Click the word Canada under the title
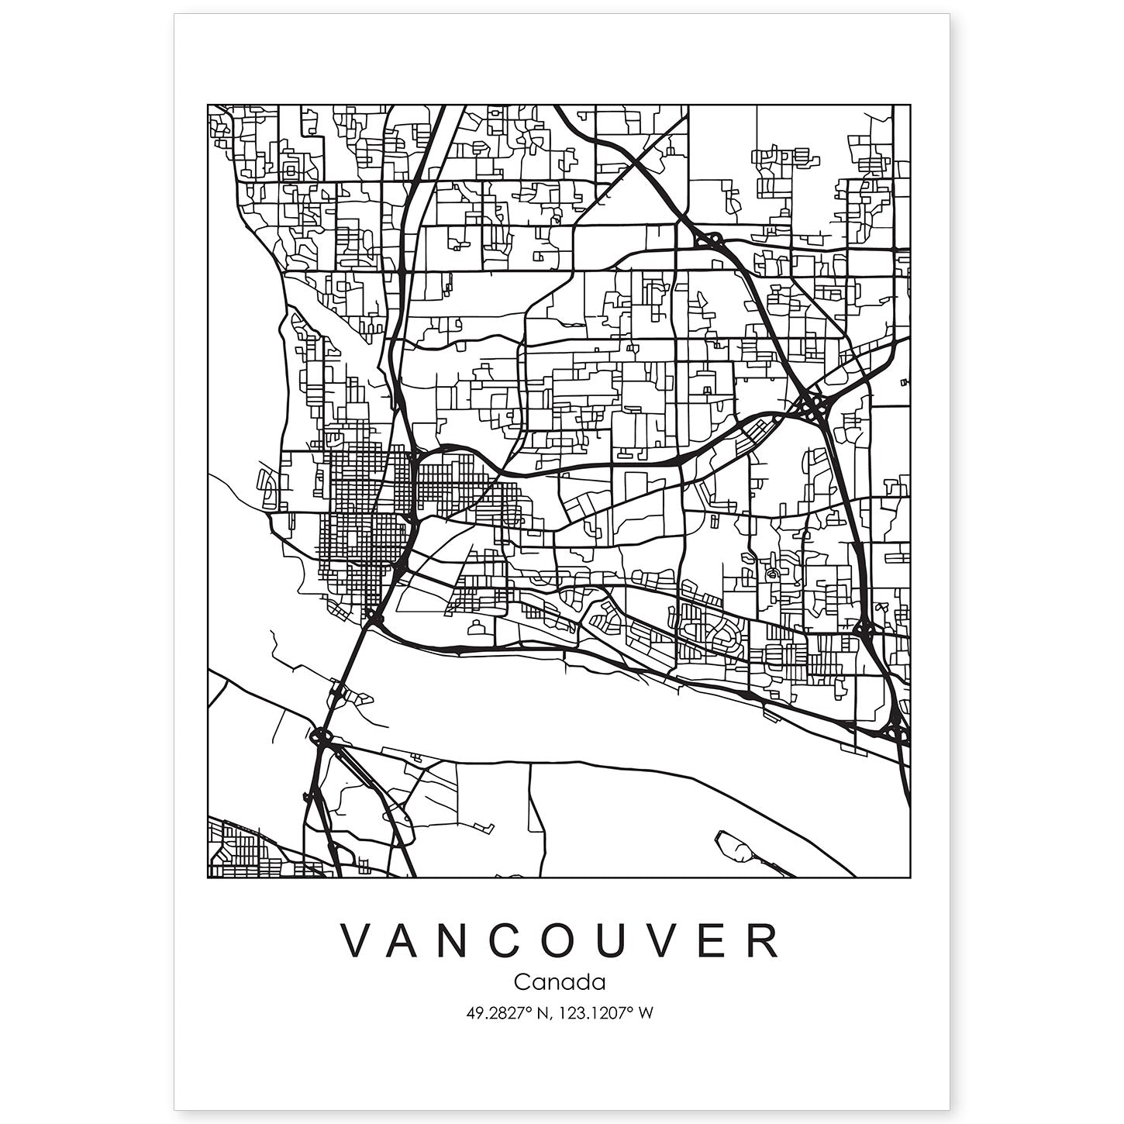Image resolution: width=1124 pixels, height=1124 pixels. (559, 982)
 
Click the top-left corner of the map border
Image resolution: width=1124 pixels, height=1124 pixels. (208, 105)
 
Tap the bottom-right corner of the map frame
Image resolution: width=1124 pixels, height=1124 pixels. (910, 877)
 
